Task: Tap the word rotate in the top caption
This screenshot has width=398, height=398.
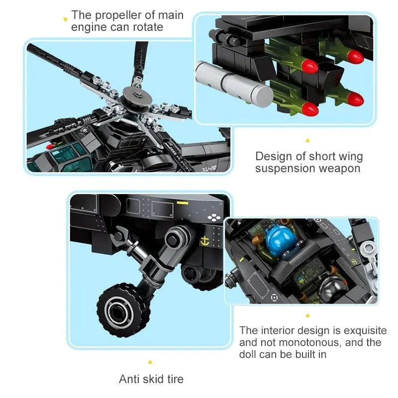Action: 147,27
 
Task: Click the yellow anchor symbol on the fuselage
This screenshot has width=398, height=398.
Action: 203,242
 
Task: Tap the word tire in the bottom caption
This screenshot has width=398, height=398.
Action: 174,380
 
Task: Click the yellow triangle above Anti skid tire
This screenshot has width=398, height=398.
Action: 150,362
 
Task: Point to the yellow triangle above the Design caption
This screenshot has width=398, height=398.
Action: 307,140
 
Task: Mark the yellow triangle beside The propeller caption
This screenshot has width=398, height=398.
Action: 65,20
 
